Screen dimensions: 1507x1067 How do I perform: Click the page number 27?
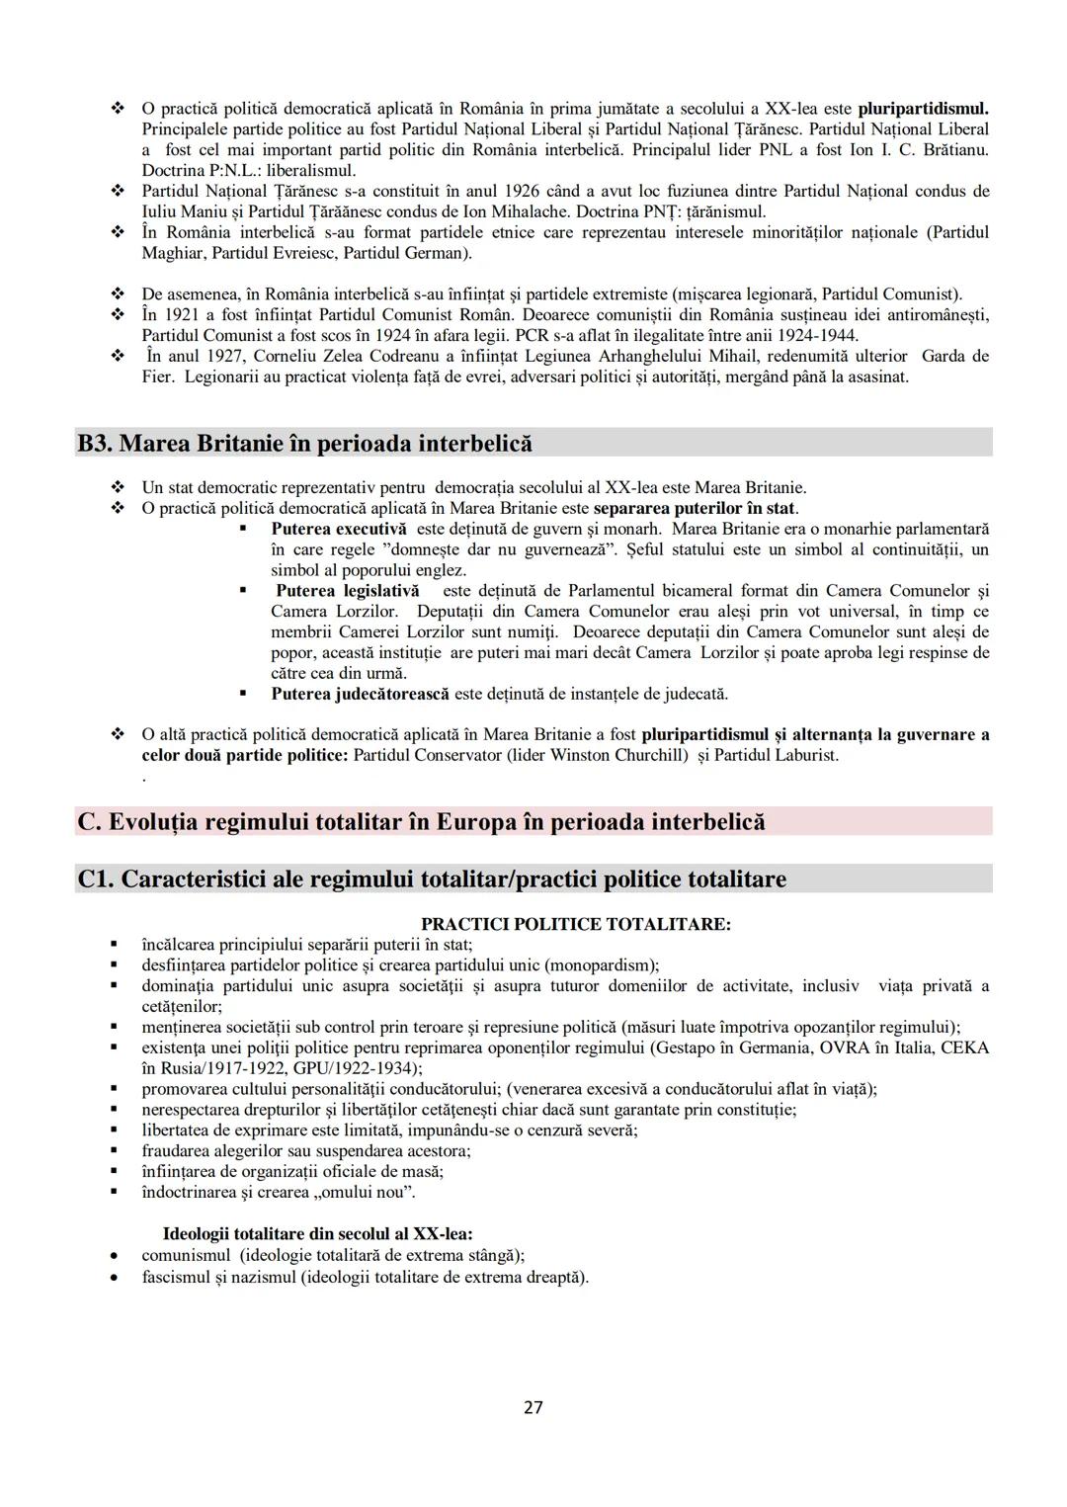pyautogui.click(x=533, y=1407)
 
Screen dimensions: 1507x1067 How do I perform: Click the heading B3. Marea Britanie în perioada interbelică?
pyautogui.click(x=304, y=443)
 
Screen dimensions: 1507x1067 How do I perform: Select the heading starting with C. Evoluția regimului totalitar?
pyautogui.click(x=421, y=821)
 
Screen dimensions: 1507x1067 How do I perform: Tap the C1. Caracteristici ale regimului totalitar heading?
pyautogui.click(x=432, y=879)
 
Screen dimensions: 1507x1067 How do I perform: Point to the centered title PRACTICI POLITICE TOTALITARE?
pyautogui.click(x=576, y=924)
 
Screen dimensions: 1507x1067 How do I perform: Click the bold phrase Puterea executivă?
pyautogui.click(x=338, y=529)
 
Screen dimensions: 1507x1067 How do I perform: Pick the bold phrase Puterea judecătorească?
pyautogui.click(x=360, y=694)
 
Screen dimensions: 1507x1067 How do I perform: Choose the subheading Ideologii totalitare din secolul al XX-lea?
pyautogui.click(x=317, y=1233)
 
